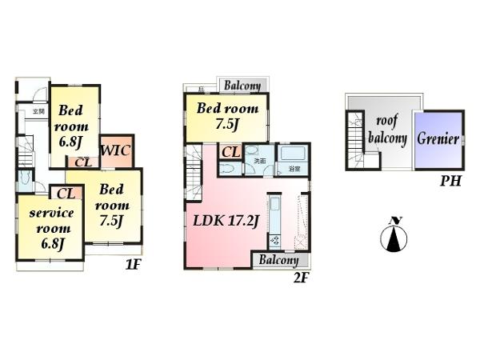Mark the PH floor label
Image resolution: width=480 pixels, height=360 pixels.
click(450, 182)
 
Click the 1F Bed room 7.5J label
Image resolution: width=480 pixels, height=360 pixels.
click(110, 205)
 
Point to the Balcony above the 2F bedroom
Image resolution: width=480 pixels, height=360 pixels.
click(241, 86)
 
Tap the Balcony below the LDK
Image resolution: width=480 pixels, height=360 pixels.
click(278, 260)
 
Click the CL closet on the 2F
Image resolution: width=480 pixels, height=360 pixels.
click(230, 152)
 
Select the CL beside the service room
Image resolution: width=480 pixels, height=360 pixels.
click(66, 193)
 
